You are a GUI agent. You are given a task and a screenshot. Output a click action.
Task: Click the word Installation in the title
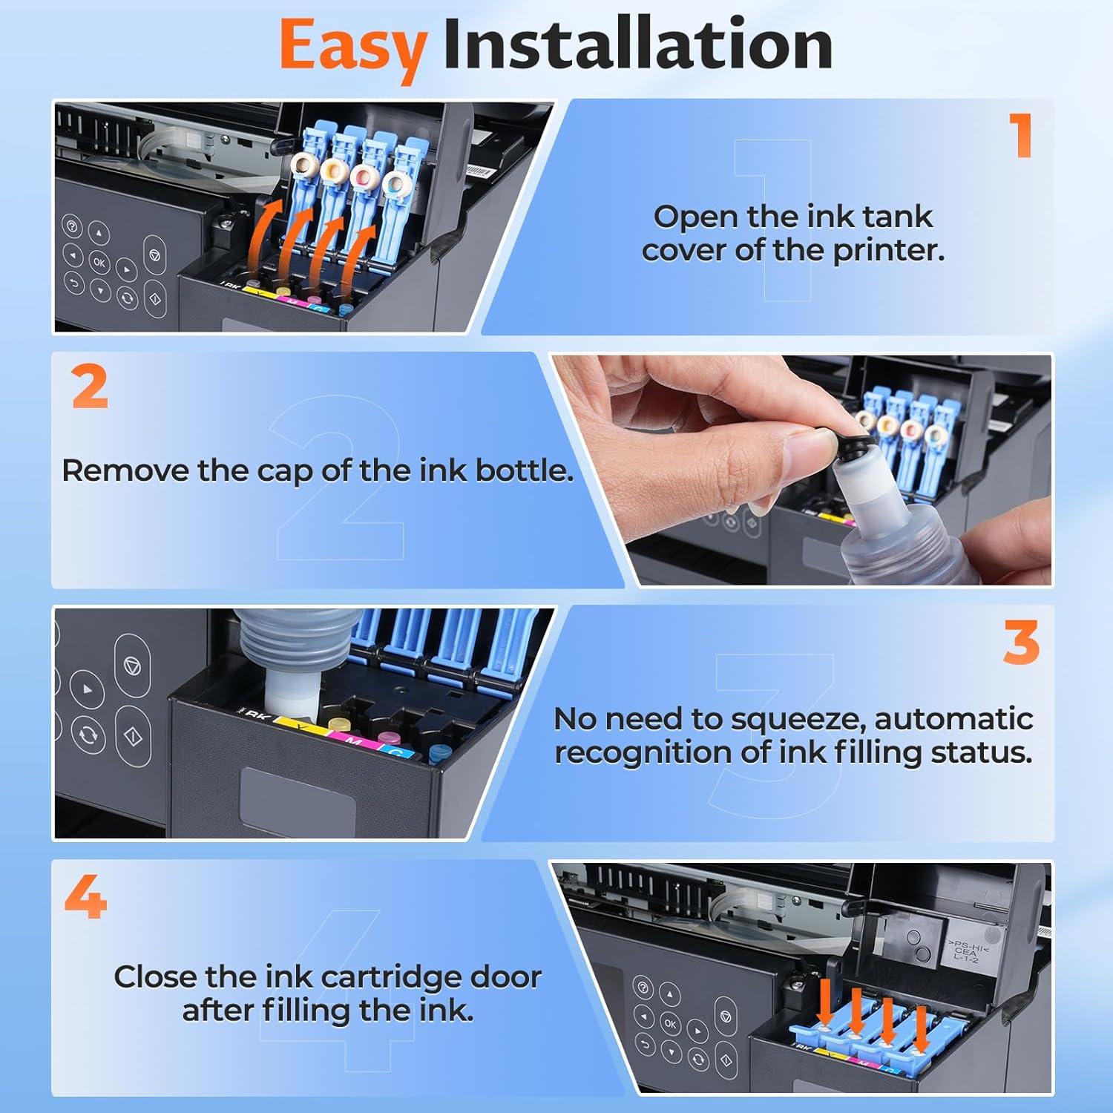click(637, 45)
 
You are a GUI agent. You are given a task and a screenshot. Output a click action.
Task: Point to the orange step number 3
click(1021, 642)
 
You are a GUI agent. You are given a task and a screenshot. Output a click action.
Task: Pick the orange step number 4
click(86, 897)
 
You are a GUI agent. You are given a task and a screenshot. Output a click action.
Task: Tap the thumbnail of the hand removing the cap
click(801, 470)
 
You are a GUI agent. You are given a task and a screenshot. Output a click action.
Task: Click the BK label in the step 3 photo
click(257, 715)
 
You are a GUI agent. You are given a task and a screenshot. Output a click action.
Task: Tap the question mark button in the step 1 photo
click(73, 227)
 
